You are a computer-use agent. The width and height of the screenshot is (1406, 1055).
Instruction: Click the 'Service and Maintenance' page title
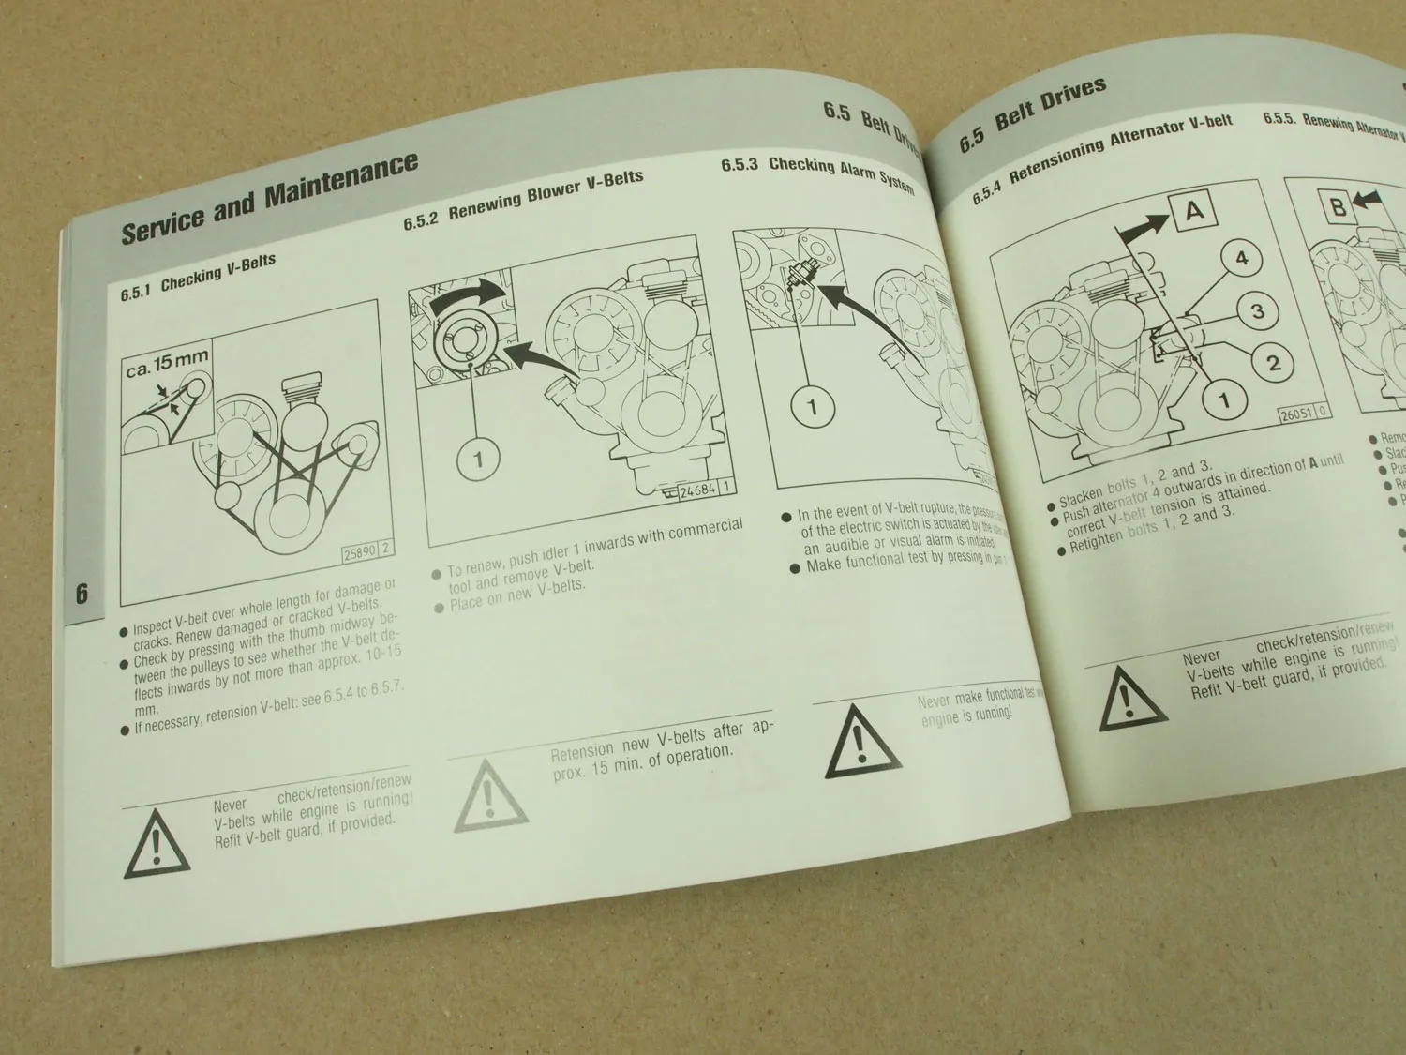tap(269, 198)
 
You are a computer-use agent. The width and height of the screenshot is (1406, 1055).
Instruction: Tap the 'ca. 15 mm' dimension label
tap(167, 362)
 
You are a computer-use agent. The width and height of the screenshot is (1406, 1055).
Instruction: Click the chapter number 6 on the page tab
tap(82, 594)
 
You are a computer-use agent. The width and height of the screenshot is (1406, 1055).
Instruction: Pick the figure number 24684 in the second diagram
tap(697, 488)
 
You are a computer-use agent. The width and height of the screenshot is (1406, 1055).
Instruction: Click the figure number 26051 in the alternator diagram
tap(1297, 414)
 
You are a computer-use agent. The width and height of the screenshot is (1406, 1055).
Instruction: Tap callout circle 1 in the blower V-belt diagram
tap(479, 460)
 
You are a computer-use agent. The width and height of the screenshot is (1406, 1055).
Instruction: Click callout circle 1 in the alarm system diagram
tap(812, 407)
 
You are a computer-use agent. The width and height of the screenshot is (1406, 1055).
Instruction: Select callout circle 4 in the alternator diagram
tap(1242, 257)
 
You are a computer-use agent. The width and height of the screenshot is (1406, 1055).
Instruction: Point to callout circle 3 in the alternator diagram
tap(1258, 310)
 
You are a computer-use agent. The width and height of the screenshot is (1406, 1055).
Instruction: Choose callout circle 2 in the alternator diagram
tap(1273, 362)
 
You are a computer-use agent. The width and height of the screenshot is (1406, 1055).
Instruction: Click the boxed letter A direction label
tap(1193, 211)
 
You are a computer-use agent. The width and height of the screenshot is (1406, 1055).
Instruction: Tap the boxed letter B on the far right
tap(1339, 206)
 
